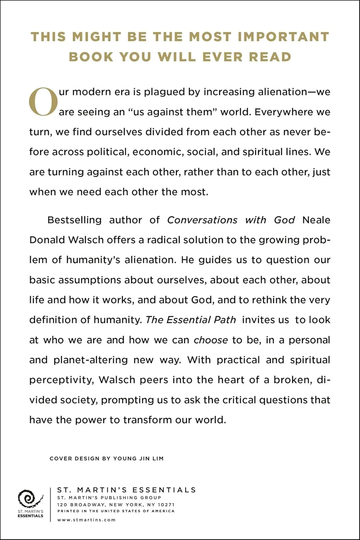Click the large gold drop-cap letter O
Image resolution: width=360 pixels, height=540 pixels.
(43, 102)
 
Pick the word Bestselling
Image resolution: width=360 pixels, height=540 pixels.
(75, 220)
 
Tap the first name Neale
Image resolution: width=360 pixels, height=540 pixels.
(316, 220)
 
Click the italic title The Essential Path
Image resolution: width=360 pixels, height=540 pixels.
(191, 320)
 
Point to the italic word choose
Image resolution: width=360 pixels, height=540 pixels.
(211, 340)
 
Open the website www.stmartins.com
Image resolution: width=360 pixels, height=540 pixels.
(86, 519)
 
